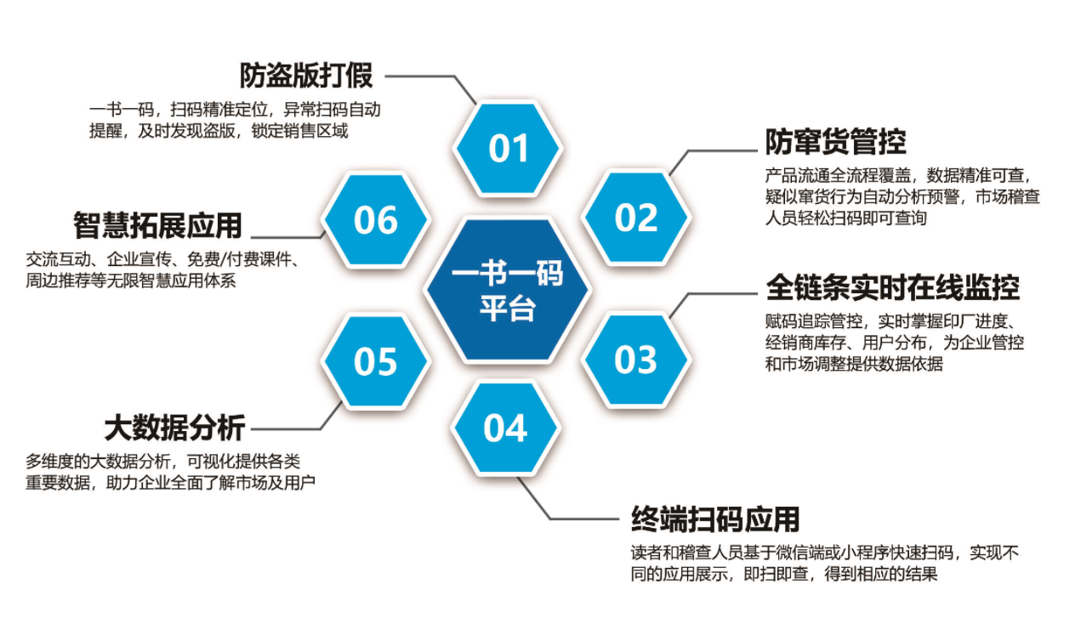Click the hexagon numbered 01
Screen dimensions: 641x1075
pyautogui.click(x=509, y=149)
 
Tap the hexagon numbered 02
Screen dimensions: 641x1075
pyautogui.click(x=636, y=218)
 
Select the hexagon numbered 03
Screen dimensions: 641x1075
pyautogui.click(x=636, y=360)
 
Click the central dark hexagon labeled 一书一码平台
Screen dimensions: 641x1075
pyautogui.click(x=508, y=290)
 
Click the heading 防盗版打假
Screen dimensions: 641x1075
pyautogui.click(x=305, y=76)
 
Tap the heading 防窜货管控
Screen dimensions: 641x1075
pyautogui.click(x=835, y=142)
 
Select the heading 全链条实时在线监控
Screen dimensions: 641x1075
pyautogui.click(x=892, y=287)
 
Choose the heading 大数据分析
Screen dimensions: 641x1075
pyautogui.click(x=174, y=426)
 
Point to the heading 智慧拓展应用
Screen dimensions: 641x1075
pyautogui.click(x=157, y=225)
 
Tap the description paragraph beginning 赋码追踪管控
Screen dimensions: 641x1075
pyautogui.click(x=893, y=343)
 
